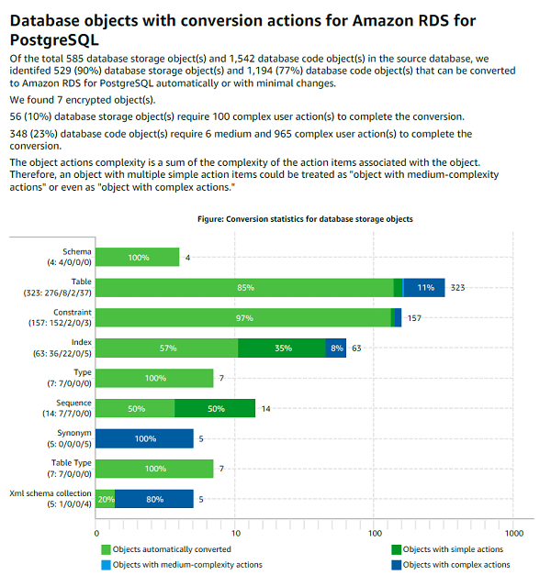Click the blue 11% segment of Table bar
pyautogui.click(x=424, y=288)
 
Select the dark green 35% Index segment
pyautogui.click(x=282, y=348)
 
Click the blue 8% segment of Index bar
pyautogui.click(x=336, y=348)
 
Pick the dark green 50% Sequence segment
pyautogui.click(x=215, y=408)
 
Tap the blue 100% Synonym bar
pyautogui.click(x=144, y=438)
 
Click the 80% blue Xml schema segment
pyautogui.click(x=153, y=499)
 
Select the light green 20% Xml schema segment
pyautogui.click(x=106, y=499)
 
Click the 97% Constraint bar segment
pyautogui.click(x=244, y=318)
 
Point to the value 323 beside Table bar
pyautogui.click(x=457, y=288)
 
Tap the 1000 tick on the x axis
pyautogui.click(x=514, y=533)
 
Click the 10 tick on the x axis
pyautogui.click(x=236, y=533)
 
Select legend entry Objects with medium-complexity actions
pyautogui.click(x=186, y=565)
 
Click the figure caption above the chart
pyautogui.click(x=305, y=220)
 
